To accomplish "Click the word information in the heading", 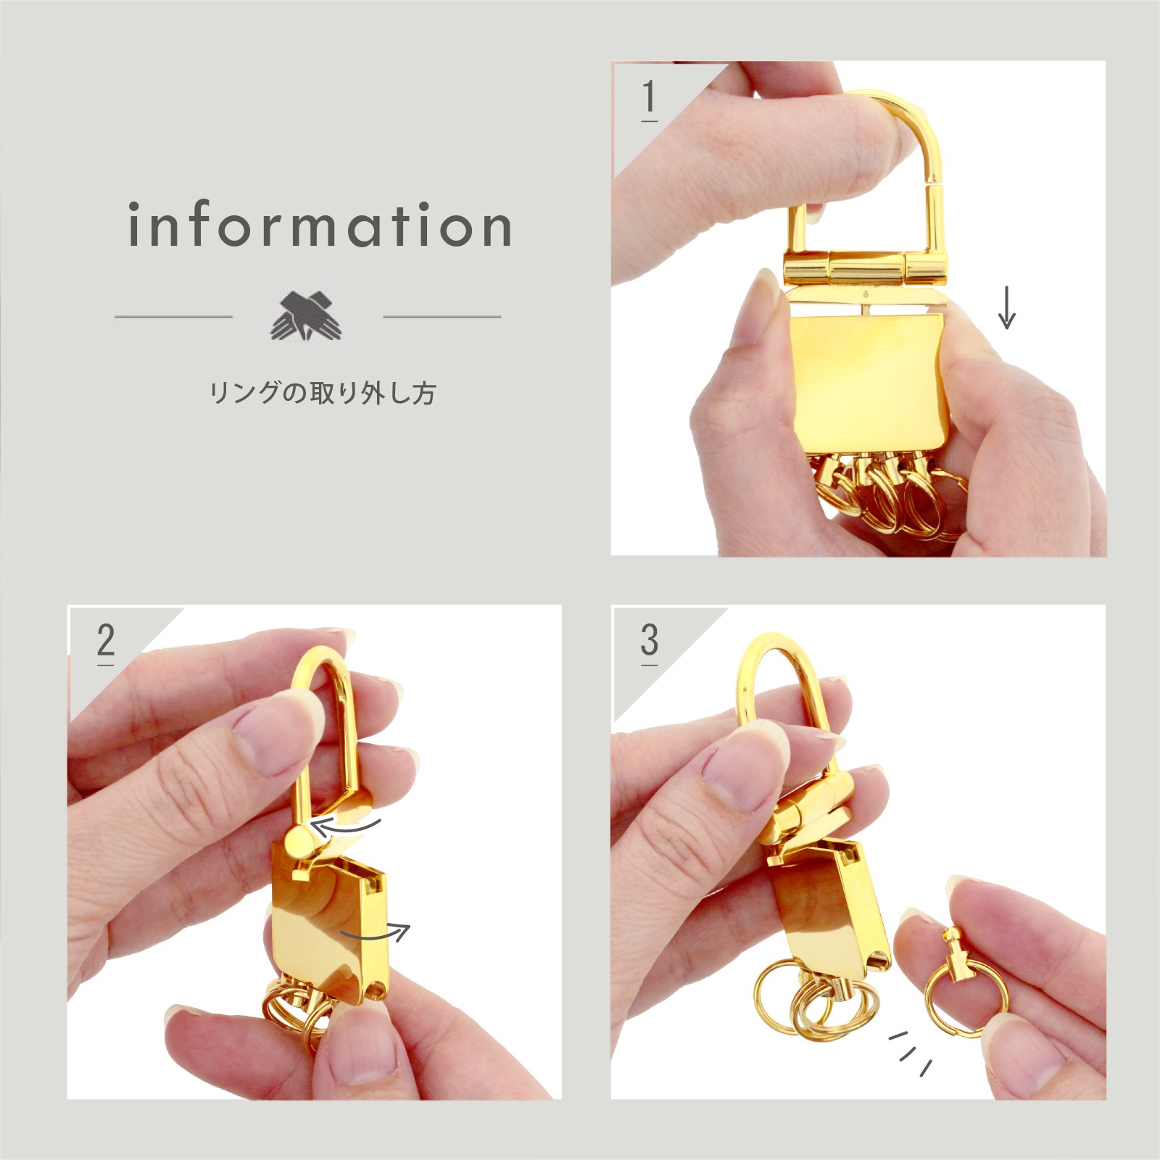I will [x=320, y=225].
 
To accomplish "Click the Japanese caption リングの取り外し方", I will [x=322, y=393].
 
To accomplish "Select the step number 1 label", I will [x=649, y=97].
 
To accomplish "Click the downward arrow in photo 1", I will [x=1006, y=307].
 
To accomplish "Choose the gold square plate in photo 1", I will [x=866, y=381].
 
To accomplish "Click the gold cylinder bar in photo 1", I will [x=863, y=269].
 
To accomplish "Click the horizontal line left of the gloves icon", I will [x=173, y=317].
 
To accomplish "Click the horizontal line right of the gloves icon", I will [x=442, y=317].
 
